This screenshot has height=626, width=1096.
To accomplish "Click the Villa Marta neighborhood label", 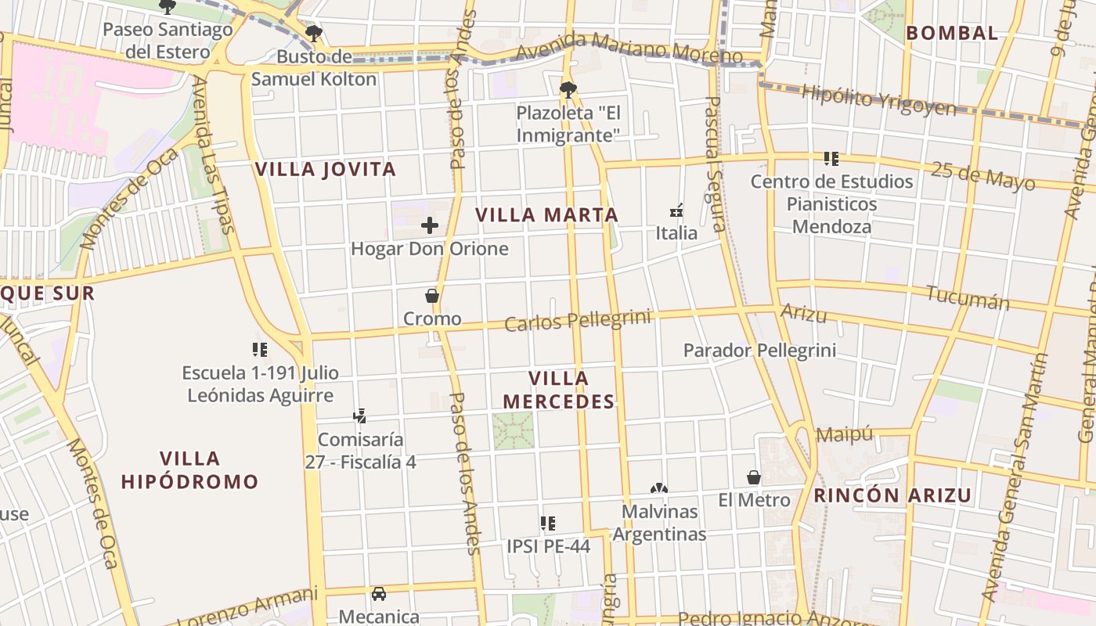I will click(x=546, y=214).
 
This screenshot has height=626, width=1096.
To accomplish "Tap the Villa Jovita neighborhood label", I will click(x=326, y=169).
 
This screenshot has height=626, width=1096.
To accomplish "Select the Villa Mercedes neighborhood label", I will click(x=558, y=390).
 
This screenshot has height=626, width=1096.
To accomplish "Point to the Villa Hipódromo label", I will click(x=189, y=469).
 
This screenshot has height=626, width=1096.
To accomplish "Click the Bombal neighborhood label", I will click(x=952, y=33).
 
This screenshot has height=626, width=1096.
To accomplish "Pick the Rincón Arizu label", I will click(x=892, y=495).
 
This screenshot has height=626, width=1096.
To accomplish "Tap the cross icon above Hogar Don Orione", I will click(x=430, y=226).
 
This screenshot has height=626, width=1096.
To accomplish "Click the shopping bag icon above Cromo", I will click(x=431, y=296).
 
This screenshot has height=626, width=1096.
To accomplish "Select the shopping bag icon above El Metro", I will click(x=754, y=477).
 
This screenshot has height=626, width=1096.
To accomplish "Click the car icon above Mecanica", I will click(x=379, y=594).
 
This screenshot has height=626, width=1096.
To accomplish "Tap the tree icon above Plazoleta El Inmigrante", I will click(x=568, y=89).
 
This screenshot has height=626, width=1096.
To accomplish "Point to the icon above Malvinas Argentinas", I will click(x=659, y=488).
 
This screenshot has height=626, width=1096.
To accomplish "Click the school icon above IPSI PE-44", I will click(x=548, y=523).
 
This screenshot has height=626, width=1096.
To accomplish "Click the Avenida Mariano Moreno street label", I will click(x=629, y=47).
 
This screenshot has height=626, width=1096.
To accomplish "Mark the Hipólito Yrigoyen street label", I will click(x=879, y=99).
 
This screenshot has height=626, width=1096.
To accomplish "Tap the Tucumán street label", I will click(x=967, y=297).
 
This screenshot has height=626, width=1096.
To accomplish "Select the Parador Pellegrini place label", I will click(x=759, y=350).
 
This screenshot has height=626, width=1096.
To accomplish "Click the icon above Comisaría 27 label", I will click(x=360, y=416).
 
